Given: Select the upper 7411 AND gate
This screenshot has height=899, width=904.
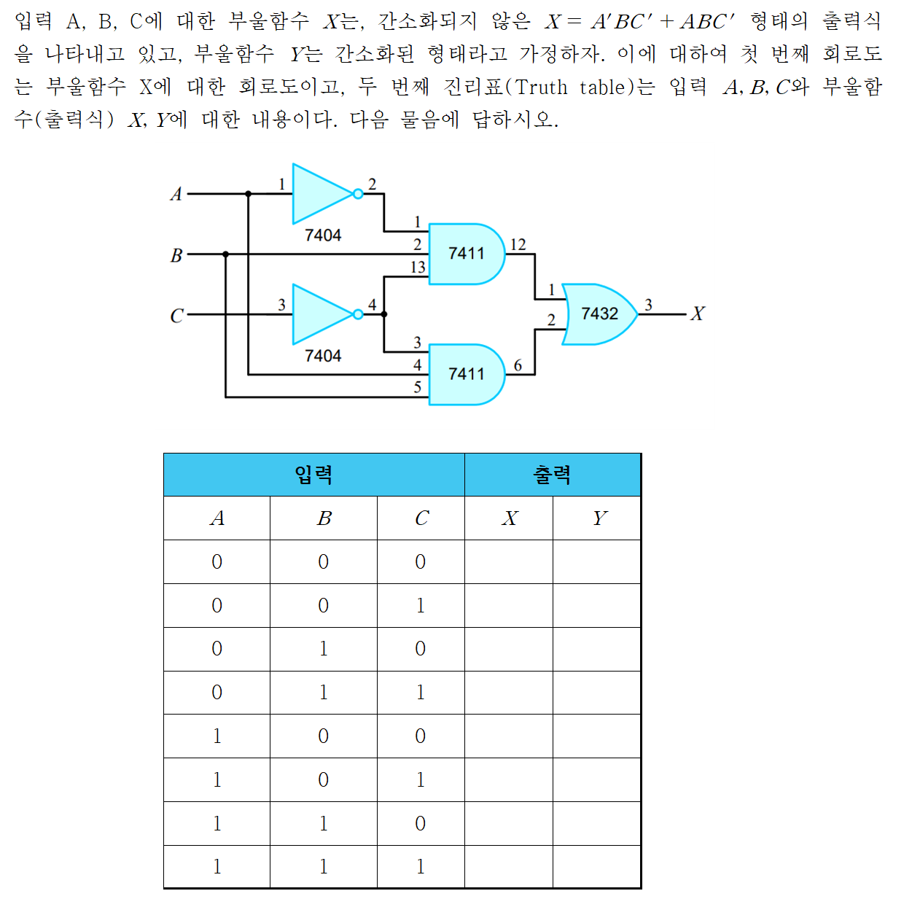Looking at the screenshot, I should click(467, 254).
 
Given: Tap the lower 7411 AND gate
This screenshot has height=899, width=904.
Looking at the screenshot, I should click(467, 374).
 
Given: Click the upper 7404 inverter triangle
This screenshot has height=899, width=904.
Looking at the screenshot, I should click(321, 194).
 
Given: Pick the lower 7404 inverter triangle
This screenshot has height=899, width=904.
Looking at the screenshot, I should click(321, 314).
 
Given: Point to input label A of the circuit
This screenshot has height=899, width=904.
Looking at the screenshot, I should click(176, 194).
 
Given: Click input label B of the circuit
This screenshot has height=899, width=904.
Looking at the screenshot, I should click(176, 255).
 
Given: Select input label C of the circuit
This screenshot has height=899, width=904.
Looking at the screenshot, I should click(176, 316).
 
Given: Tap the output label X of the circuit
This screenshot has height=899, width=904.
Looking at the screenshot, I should click(698, 314).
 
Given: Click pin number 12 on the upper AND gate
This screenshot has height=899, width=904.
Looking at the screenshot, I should click(518, 244).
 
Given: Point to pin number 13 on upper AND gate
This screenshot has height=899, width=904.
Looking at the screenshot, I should click(417, 268).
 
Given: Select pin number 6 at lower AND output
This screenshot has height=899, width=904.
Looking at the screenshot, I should click(518, 365).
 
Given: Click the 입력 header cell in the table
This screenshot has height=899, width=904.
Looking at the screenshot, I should click(314, 475).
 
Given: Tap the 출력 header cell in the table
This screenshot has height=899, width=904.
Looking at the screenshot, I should click(553, 475).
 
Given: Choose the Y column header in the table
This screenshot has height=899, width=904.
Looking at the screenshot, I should click(599, 518).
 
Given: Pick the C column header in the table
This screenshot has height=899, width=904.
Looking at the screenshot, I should click(421, 518).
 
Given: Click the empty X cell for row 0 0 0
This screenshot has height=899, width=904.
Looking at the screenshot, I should click(509, 562).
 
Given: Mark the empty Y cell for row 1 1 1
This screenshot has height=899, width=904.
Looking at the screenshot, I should click(597, 867).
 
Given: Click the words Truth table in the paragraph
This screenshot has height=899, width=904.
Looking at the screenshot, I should click(561, 87).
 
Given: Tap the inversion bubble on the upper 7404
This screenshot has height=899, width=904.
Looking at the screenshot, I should click(357, 194).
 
